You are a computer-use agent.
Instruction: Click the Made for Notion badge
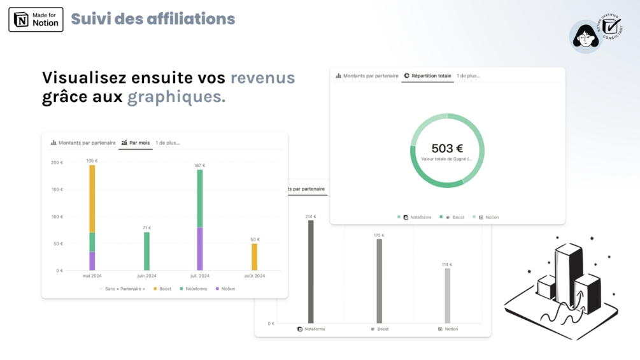36,19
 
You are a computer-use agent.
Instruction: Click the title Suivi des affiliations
153,19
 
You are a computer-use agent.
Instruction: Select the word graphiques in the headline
176,97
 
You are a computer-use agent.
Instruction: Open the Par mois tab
136,143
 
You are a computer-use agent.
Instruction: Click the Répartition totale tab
427,76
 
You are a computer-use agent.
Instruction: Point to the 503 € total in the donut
447,148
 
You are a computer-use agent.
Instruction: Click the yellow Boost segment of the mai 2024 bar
92,198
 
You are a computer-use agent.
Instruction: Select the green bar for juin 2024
146,251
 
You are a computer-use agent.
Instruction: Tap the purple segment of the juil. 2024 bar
200,249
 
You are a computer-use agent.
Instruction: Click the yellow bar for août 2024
254,257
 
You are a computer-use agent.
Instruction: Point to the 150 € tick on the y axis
57,190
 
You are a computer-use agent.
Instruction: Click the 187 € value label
200,166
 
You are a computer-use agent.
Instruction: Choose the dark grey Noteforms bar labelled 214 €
311,271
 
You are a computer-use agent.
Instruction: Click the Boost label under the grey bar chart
383,329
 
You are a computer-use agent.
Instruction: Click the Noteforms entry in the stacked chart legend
196,289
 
